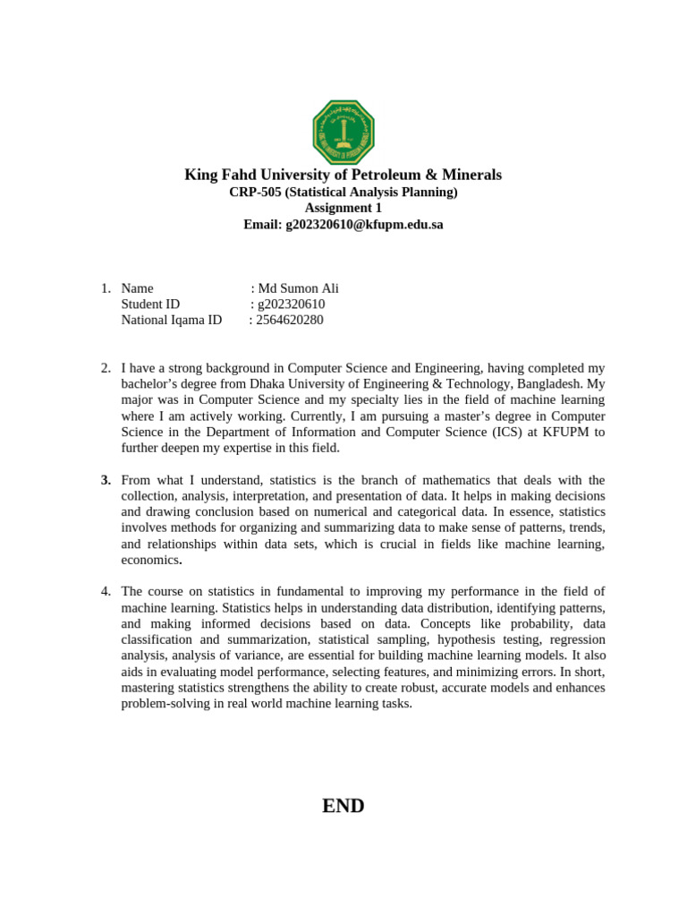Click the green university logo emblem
pos(343,133)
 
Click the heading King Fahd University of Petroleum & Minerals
pos(343,175)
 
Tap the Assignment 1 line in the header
pos(343,209)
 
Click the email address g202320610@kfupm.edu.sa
pos(364,225)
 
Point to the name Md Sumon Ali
pos(298,288)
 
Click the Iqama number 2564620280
pos(289,321)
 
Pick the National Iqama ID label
pos(171,321)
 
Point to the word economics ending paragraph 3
pos(149,561)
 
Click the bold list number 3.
pos(106,481)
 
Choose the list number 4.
pos(106,592)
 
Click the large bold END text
pos(343,806)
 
